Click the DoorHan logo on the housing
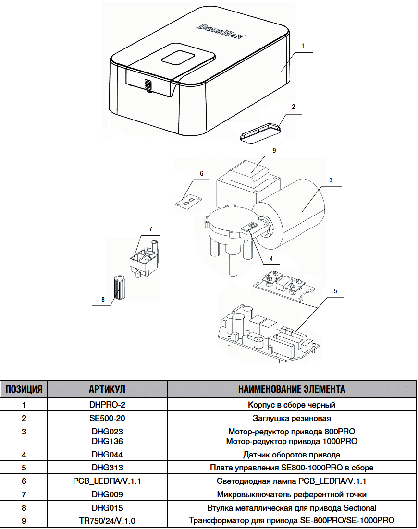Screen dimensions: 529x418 [221, 31]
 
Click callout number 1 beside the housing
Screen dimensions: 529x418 [303, 46]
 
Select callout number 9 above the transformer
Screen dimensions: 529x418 [274, 150]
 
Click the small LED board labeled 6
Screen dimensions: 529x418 [187, 201]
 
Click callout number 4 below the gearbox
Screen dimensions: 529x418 [271, 258]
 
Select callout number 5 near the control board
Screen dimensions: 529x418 [335, 291]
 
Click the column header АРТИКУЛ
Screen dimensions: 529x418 [107, 389]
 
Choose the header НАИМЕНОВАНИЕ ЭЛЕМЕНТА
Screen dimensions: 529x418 [292, 389]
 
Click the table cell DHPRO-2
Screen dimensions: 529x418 [107, 405]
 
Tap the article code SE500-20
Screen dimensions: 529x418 [107, 418]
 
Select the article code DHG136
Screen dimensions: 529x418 [107, 441]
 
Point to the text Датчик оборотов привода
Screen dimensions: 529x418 [292, 454]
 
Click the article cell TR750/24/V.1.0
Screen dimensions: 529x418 [107, 521]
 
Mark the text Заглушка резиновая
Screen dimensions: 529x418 [292, 418]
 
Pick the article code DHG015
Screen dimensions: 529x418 [107, 507]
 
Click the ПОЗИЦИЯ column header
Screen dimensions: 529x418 [24, 389]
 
